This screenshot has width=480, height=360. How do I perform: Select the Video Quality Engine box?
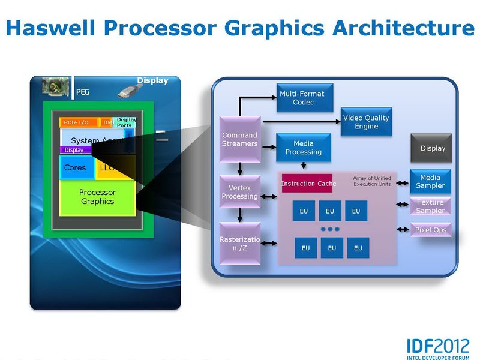(x=366, y=122)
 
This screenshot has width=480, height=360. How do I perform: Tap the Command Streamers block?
(x=239, y=139)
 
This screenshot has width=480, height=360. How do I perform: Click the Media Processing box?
(x=303, y=148)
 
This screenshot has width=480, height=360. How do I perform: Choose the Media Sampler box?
(x=430, y=181)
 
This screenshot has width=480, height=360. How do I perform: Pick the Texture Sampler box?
(x=430, y=206)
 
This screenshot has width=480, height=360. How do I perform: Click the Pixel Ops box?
(x=430, y=230)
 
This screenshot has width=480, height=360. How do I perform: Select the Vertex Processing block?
(x=239, y=192)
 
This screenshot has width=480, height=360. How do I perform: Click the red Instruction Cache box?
(x=308, y=183)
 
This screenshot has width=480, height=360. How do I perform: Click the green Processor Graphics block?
(x=98, y=197)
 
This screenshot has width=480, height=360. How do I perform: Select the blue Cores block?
(x=76, y=167)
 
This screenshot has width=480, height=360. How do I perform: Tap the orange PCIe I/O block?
(x=77, y=122)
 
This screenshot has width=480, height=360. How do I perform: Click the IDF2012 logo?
(x=438, y=347)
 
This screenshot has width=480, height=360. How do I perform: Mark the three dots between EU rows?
(x=330, y=229)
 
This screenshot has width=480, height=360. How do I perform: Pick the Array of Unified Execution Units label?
(x=371, y=181)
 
